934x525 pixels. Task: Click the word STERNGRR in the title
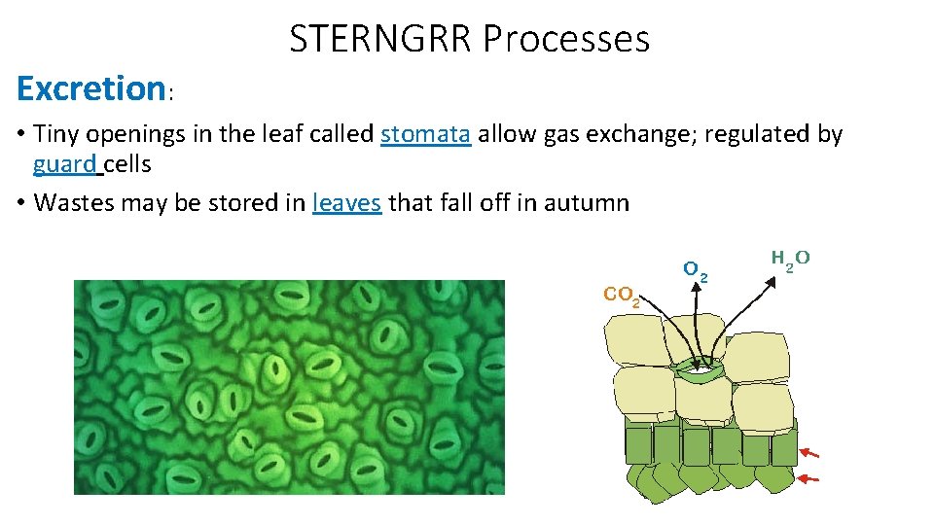(380, 39)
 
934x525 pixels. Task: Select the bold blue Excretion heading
(91, 88)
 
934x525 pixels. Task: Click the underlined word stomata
(426, 134)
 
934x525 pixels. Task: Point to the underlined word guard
(64, 163)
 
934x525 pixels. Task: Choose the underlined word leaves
(347, 202)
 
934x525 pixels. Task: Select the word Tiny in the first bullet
(54, 134)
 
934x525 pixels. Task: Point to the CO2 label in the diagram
(622, 295)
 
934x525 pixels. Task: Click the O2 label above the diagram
(695, 269)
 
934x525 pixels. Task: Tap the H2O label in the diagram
(790, 260)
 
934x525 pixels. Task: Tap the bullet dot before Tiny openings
(21, 135)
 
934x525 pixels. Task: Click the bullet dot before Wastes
(21, 203)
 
